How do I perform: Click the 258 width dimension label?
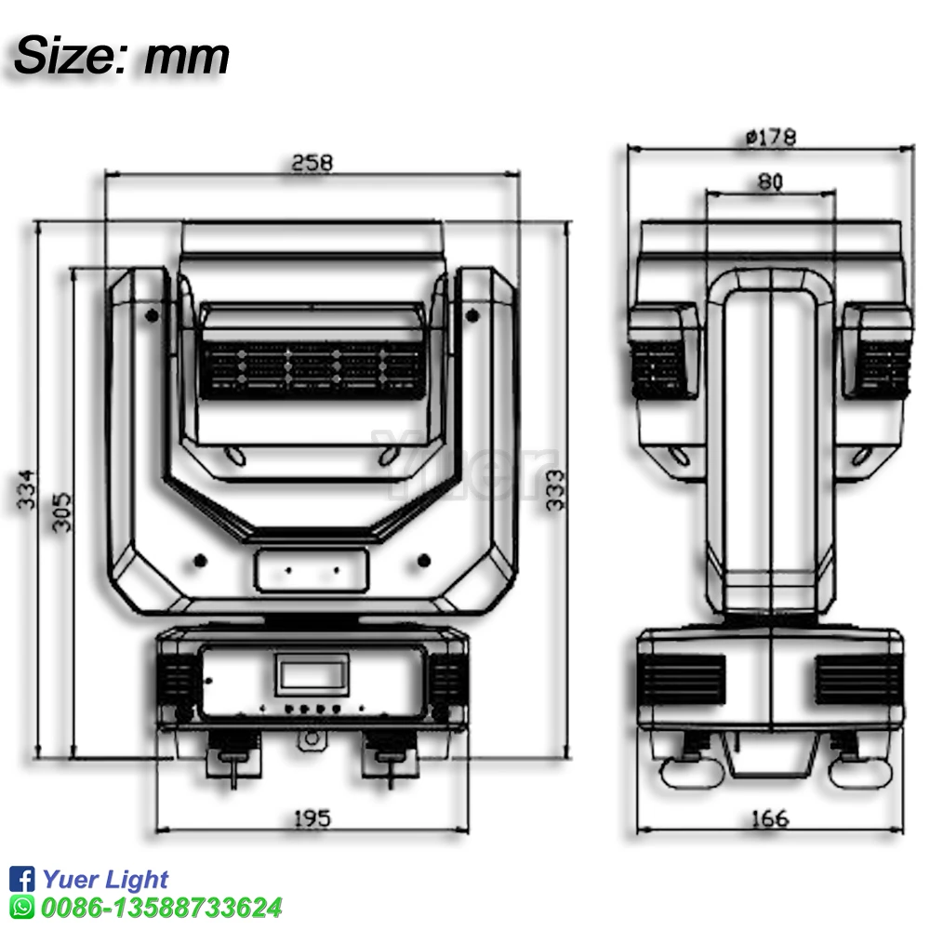click(312, 162)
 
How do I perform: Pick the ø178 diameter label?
click(771, 138)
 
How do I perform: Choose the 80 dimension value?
click(769, 182)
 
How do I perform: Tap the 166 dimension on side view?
click(769, 818)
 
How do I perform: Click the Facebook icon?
click(21, 879)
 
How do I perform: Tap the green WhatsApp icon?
click(21, 907)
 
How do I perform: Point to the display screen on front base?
click(312, 671)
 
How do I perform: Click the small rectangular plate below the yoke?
click(312, 567)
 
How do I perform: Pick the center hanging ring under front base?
click(312, 740)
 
